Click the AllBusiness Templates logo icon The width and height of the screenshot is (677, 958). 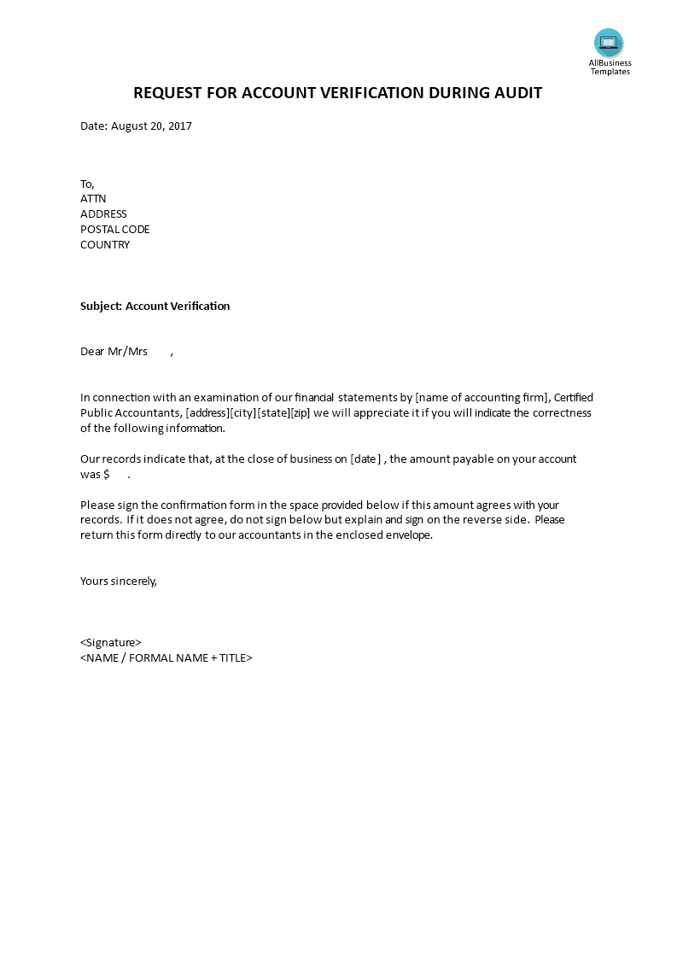(609, 43)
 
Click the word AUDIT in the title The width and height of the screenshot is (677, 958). (515, 93)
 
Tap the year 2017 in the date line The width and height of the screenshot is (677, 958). (179, 126)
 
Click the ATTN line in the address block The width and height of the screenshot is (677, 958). (93, 199)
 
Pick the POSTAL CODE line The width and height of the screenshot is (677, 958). (114, 230)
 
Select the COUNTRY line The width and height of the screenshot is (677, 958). (105, 245)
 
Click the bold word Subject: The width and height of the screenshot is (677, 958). (101, 306)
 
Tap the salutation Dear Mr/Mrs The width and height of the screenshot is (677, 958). (114, 352)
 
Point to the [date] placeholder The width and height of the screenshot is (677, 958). (365, 459)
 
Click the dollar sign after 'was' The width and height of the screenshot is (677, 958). (106, 475)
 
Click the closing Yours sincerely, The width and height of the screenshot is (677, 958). (119, 581)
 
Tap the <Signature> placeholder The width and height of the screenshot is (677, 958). (111, 643)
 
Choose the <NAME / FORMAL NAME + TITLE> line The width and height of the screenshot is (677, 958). (166, 658)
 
